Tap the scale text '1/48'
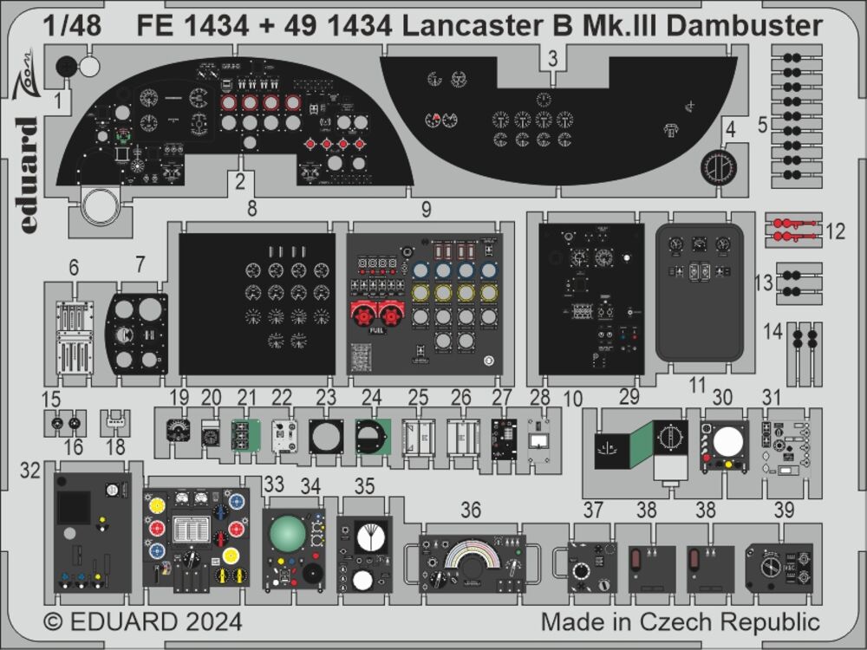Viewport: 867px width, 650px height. (x=70, y=27)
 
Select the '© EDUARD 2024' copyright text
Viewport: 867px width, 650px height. (x=143, y=622)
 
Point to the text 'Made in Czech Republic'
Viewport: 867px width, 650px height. (x=680, y=622)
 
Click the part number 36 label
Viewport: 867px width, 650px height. (x=471, y=511)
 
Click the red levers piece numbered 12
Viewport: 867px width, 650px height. (x=793, y=231)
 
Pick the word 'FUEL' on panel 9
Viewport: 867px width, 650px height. (x=379, y=330)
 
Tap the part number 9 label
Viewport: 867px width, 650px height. (x=426, y=209)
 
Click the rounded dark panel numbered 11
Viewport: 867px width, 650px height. (x=700, y=291)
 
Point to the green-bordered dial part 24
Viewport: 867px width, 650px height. (x=372, y=436)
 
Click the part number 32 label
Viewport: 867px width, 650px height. (x=31, y=471)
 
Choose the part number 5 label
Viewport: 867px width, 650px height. (x=762, y=125)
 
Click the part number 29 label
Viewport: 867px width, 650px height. (x=629, y=398)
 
